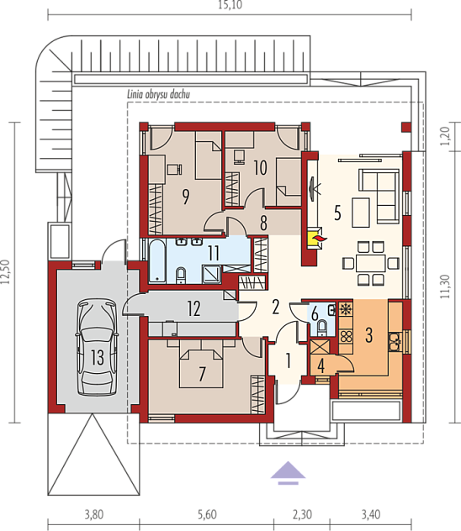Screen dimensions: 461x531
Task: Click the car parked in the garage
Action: (97, 346)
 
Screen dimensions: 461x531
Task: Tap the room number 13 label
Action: (98, 357)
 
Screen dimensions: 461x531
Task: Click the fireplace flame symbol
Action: (320, 239)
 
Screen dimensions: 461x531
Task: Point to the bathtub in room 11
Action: (157, 260)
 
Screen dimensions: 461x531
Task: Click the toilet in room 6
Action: (321, 328)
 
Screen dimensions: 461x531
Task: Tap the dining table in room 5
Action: (370, 263)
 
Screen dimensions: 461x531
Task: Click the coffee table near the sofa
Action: (361, 213)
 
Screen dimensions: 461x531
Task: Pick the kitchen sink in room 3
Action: (395, 341)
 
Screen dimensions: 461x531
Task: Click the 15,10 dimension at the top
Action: (231, 5)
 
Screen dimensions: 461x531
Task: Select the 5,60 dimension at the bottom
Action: (207, 514)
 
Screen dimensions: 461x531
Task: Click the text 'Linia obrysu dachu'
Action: (158, 94)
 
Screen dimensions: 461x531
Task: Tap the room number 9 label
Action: (186, 197)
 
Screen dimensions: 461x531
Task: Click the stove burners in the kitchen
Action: (346, 337)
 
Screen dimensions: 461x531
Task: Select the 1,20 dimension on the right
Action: (445, 136)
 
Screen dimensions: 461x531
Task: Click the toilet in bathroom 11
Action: (181, 275)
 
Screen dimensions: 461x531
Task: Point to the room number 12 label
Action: (193, 308)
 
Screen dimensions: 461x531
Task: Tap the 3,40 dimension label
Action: (371, 514)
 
